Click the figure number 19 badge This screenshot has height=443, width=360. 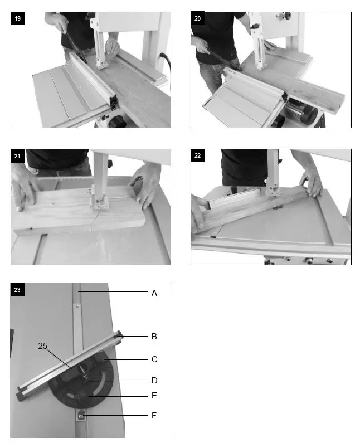click(17, 18)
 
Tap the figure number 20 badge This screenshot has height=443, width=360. click(197, 18)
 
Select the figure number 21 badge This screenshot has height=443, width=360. click(17, 156)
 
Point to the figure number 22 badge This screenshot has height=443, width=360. click(197, 155)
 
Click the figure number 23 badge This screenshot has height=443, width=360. click(17, 290)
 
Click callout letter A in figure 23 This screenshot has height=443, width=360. click(154, 293)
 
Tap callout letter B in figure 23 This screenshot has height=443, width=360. click(154, 337)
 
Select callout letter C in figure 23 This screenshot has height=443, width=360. click(154, 359)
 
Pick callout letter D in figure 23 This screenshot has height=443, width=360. click(154, 381)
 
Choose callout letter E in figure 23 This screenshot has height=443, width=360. click(154, 396)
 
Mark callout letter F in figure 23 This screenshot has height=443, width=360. click(154, 416)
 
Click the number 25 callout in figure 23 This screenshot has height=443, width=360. click(43, 346)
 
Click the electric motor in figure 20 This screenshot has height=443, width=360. click(301, 110)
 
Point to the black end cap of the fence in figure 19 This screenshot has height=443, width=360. click(113, 101)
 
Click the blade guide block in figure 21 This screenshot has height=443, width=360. click(99, 203)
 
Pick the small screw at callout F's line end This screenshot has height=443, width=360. click(81, 416)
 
